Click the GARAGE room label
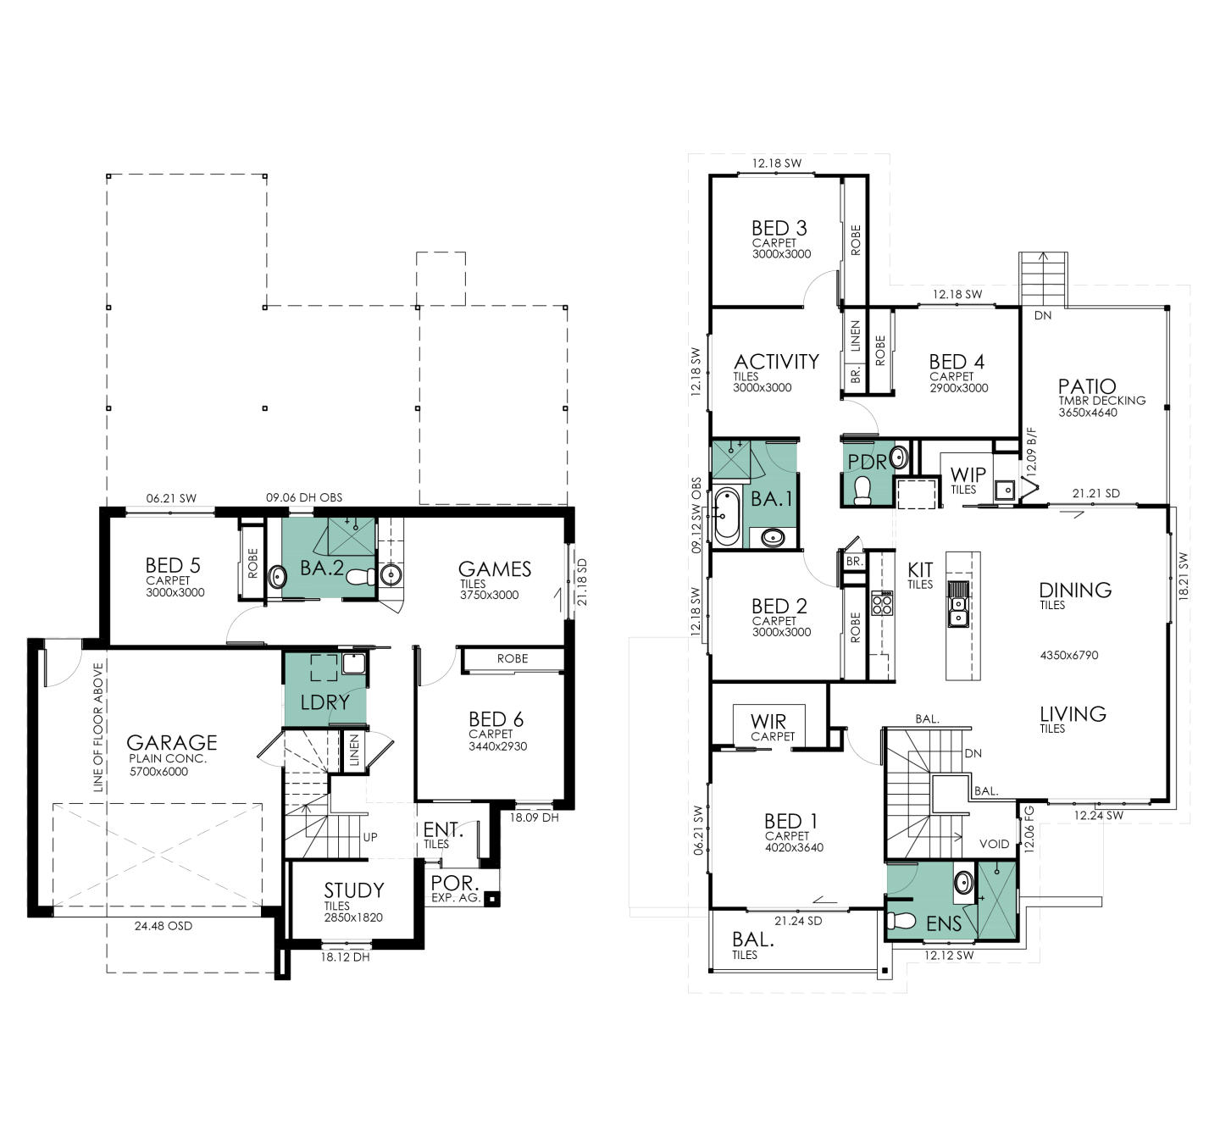pos(172,742)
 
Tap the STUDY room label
pos(354,890)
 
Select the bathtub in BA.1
pos(727,515)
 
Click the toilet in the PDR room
pos(863,490)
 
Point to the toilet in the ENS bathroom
pos(902,920)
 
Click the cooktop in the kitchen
pos(882,604)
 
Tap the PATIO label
pos(1087,386)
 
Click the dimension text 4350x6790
pos(1069,655)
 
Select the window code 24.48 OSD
pos(164,926)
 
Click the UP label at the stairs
pos(370,837)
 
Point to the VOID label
pos(994,844)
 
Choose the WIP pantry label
pos(968,474)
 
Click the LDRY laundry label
pos(325,701)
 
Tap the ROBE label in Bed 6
pos(513,658)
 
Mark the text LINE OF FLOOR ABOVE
pos(98,727)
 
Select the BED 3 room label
pos(779,228)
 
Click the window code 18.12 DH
pos(345,957)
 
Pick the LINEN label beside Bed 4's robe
pos(856,336)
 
